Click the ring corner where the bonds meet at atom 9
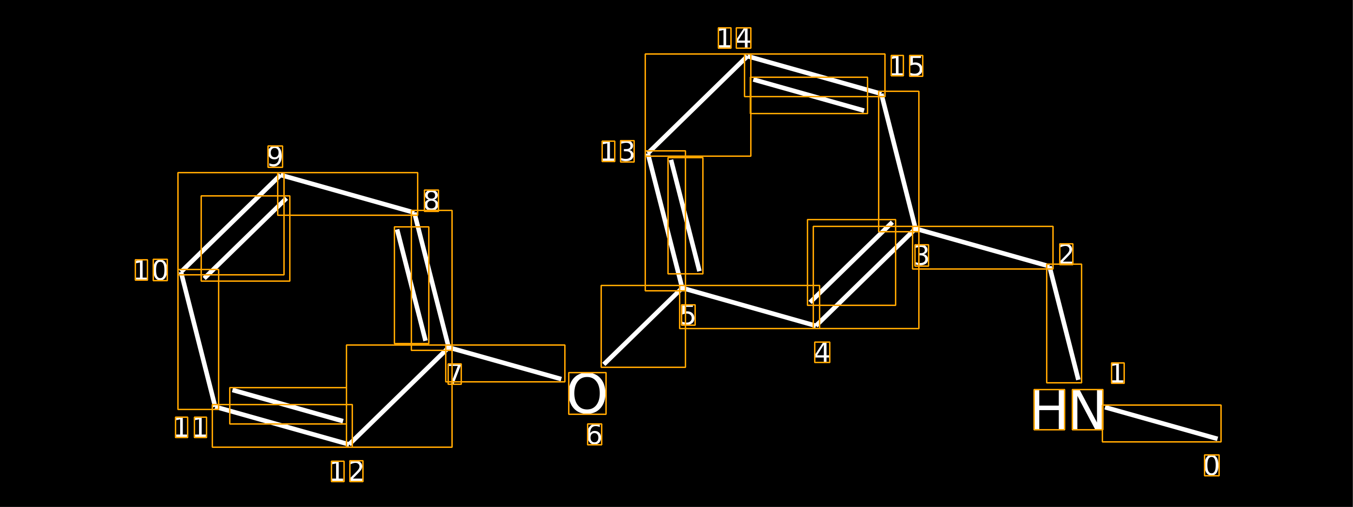(281, 175)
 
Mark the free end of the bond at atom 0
(1217, 439)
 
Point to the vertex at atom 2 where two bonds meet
(1050, 266)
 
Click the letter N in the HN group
(1087, 410)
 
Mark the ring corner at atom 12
(349, 444)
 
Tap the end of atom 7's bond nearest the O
(561, 379)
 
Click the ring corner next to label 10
(181, 272)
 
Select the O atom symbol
(587, 394)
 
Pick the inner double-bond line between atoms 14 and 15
(809, 95)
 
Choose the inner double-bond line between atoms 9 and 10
(246, 239)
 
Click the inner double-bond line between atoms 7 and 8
(411, 285)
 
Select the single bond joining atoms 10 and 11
(199, 339)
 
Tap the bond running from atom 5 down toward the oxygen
(644, 326)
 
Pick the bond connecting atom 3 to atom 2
(983, 247)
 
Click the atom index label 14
(734, 38)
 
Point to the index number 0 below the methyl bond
(1212, 465)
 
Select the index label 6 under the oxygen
(595, 434)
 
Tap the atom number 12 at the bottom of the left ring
(347, 471)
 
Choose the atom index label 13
(618, 151)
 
